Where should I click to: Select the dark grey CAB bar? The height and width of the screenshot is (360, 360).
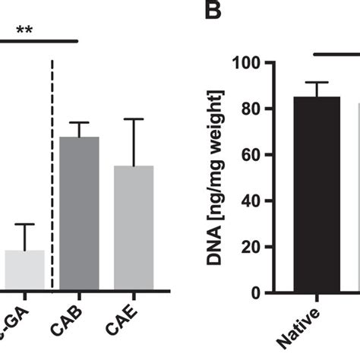80,213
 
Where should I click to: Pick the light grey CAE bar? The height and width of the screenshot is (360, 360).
134,228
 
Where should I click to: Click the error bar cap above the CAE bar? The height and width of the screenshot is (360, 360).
134,119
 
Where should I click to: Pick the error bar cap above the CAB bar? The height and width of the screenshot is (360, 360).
80,122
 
